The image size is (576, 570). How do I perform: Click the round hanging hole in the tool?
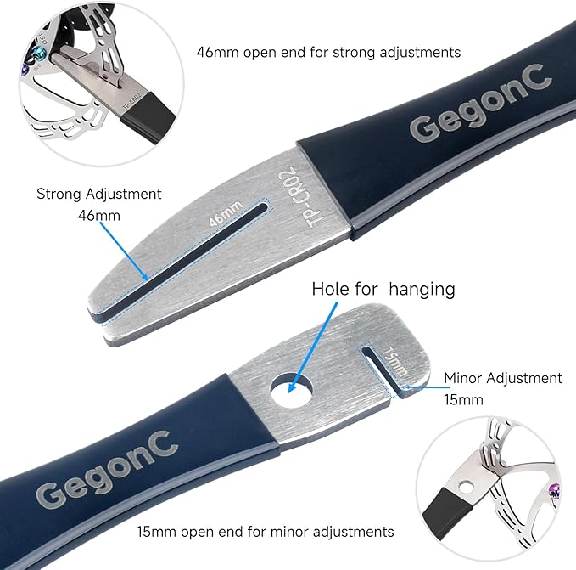[292, 390]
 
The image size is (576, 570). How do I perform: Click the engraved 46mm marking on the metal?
[226, 213]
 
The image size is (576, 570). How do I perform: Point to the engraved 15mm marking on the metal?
[394, 362]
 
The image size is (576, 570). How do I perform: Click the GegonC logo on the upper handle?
[480, 103]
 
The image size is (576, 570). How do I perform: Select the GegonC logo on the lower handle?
[107, 469]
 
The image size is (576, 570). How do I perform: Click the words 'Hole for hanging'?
[383, 290]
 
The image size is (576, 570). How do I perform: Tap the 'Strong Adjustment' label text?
[98, 194]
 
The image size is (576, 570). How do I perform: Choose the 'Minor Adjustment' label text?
[503, 378]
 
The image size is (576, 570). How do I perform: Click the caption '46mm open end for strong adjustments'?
[328, 52]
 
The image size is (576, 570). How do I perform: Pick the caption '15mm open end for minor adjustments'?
[266, 532]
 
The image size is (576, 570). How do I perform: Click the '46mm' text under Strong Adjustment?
[98, 215]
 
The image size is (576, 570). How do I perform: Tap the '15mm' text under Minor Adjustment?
[463, 400]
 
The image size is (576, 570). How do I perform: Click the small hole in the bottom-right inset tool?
[467, 488]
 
